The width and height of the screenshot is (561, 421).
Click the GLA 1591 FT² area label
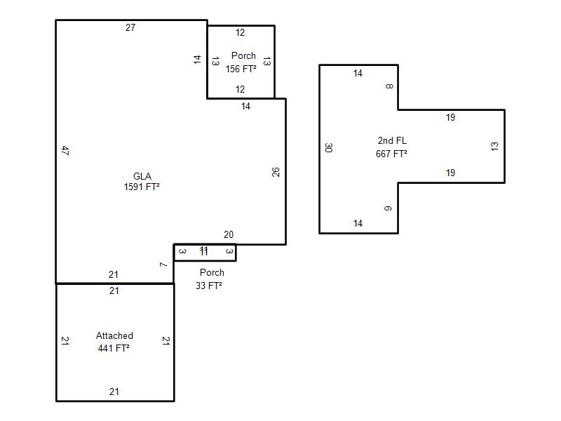coord(142,182)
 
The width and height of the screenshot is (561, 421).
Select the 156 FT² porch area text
coord(241,69)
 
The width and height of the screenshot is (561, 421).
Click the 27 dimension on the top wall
coord(130,28)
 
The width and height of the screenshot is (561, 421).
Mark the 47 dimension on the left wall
coord(65,150)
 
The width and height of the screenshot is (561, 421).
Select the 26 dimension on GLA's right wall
coord(276,171)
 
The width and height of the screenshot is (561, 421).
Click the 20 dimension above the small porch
coord(229,235)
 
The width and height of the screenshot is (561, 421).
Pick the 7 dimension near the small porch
coord(163,265)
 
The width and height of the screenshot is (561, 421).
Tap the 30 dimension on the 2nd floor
coord(329,147)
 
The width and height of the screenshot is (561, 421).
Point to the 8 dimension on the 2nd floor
coord(389,86)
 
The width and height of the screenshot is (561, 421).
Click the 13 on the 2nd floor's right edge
coord(495,146)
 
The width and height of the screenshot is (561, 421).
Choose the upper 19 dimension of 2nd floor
coord(450,118)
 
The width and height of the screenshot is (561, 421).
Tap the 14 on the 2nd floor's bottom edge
coord(358,224)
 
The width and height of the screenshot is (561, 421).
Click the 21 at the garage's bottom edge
coord(114,392)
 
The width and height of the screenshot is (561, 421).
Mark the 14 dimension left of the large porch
coord(198,60)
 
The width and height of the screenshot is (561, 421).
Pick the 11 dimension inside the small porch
coord(204,250)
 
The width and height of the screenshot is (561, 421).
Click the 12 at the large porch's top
coord(241,33)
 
